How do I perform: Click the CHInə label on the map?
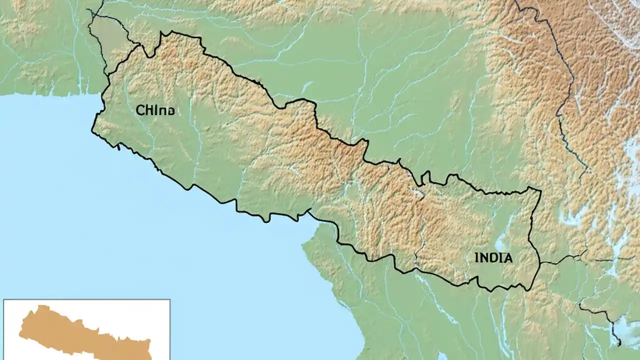(155, 110)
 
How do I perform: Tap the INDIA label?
(493, 258)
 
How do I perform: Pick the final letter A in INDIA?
(508, 258)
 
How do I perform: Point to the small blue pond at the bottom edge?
(442, 356)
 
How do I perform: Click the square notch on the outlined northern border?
(425, 176)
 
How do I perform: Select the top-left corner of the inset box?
(4, 300)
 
